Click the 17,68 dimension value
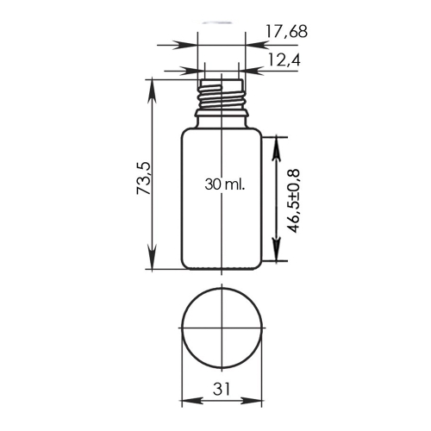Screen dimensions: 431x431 [286, 32]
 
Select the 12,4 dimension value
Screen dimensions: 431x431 [284, 60]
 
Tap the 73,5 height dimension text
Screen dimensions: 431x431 [144, 178]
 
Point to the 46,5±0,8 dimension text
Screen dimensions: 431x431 [293, 201]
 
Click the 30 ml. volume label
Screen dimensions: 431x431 [225, 184]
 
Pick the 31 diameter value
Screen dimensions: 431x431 [222, 390]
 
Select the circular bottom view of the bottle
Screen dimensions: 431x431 [222, 328]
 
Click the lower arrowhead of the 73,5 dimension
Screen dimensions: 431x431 [152, 258]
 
